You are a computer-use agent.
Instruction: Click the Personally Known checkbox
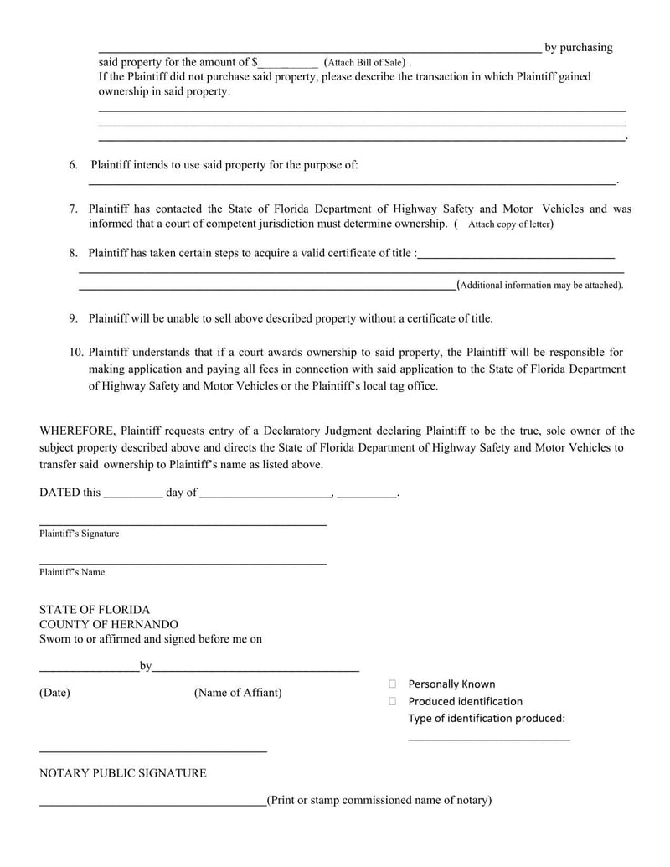pyautogui.click(x=392, y=684)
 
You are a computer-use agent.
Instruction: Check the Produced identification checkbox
pyautogui.click(x=392, y=701)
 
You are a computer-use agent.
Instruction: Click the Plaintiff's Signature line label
pyautogui.click(x=79, y=534)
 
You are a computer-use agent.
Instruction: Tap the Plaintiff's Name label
pyautogui.click(x=72, y=572)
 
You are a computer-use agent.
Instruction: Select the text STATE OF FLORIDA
pyautogui.click(x=95, y=610)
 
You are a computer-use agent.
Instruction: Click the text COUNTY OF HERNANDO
pyautogui.click(x=109, y=624)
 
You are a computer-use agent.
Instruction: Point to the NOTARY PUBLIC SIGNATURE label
pyautogui.click(x=123, y=773)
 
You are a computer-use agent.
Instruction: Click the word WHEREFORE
pyautogui.click(x=77, y=431)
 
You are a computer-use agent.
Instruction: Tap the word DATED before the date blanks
pyautogui.click(x=59, y=493)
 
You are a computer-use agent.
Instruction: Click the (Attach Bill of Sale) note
pyautogui.click(x=365, y=62)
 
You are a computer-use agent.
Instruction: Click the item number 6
pyautogui.click(x=74, y=165)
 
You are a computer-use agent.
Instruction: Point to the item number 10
pyautogui.click(x=76, y=353)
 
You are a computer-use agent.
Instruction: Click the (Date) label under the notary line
pyautogui.click(x=55, y=693)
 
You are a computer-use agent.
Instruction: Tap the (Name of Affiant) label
pyautogui.click(x=238, y=693)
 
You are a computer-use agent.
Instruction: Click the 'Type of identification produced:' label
pyautogui.click(x=487, y=719)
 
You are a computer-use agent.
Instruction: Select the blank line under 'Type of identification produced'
pyautogui.click(x=489, y=738)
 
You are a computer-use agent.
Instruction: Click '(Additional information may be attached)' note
pyautogui.click(x=541, y=285)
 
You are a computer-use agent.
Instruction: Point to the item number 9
pyautogui.click(x=74, y=318)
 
